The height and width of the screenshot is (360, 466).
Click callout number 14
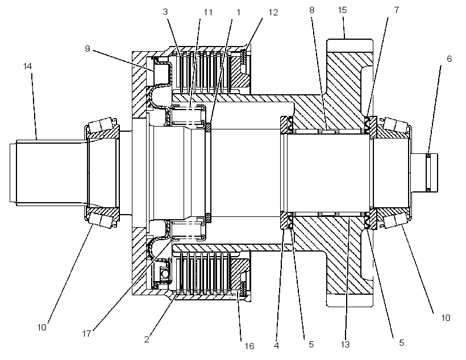(x=27, y=66)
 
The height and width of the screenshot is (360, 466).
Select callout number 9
(x=87, y=48)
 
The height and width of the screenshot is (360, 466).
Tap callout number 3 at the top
(x=165, y=11)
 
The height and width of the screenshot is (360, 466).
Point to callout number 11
(x=208, y=12)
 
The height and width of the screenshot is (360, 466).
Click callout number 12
(x=273, y=12)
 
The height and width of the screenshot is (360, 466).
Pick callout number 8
(x=311, y=10)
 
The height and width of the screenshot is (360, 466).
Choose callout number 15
(x=342, y=10)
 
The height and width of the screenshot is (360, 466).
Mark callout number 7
(x=397, y=10)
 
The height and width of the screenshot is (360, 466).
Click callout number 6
(x=449, y=59)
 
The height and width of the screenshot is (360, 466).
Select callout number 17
(x=86, y=334)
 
